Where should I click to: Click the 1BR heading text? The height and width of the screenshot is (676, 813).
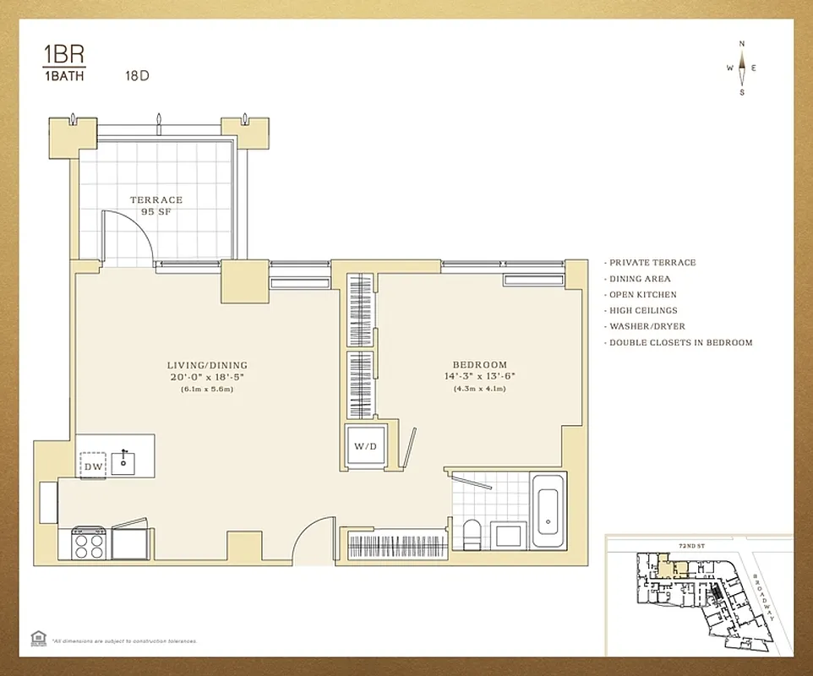click(x=63, y=57)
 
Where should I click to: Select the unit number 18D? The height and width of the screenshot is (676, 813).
click(x=137, y=75)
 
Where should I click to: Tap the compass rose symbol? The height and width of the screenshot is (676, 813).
click(x=742, y=68)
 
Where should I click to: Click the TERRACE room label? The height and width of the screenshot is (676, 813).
click(x=156, y=200)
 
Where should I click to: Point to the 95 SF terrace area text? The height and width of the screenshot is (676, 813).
click(x=156, y=212)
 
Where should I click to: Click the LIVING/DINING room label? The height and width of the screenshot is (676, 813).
click(x=207, y=365)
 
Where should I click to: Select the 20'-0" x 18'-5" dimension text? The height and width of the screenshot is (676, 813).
click(x=207, y=377)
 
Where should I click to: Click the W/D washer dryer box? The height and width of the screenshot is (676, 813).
click(x=363, y=446)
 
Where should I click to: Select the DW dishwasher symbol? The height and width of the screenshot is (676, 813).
click(x=92, y=466)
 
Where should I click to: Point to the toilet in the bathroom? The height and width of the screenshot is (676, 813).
click(x=472, y=534)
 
